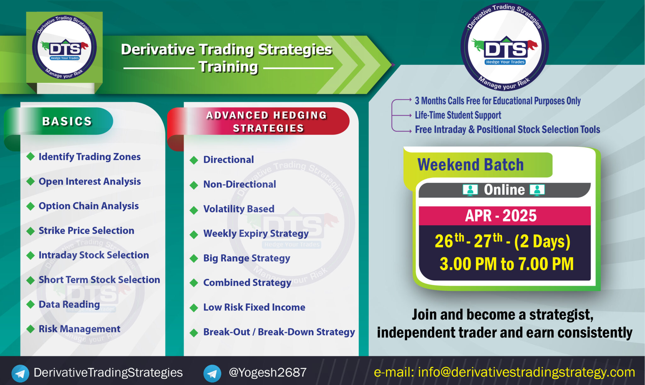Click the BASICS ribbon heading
(67, 121)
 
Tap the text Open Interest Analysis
(89, 181)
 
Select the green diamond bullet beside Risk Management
(31, 329)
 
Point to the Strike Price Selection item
(86, 231)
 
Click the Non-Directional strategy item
(239, 184)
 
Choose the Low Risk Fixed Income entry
(254, 307)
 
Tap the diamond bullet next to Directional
(194, 160)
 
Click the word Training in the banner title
(228, 67)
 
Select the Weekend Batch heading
(470, 165)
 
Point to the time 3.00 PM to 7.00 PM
(506, 264)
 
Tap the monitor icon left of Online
(470, 190)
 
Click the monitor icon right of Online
(537, 190)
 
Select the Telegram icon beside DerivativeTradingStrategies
(20, 373)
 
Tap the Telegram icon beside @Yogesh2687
(212, 373)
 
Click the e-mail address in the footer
(526, 372)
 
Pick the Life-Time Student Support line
(458, 115)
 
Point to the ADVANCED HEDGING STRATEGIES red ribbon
(266, 122)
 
